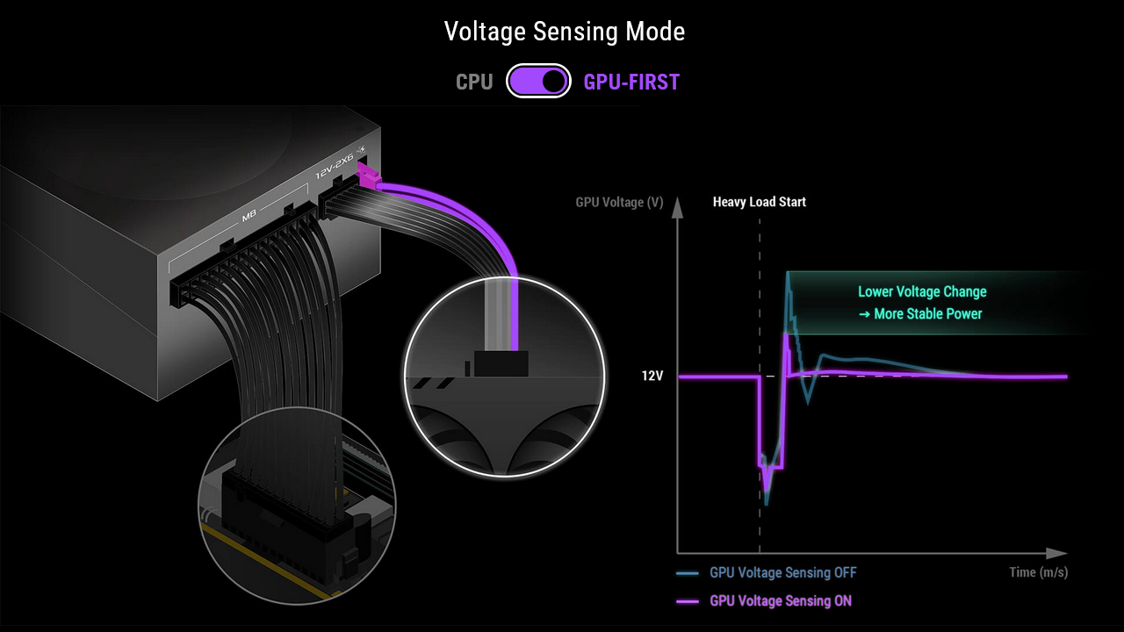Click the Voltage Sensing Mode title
click(564, 32)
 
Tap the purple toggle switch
click(538, 82)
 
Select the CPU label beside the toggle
click(474, 83)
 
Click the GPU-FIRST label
click(631, 83)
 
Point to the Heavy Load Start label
click(759, 202)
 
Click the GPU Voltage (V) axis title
click(619, 203)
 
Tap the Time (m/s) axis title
click(1038, 572)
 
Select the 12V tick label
click(652, 377)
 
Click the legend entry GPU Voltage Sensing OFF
click(782, 573)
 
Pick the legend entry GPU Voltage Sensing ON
click(780, 601)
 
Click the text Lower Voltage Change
click(922, 292)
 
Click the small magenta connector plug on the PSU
click(369, 179)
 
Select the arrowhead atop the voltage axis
click(677, 207)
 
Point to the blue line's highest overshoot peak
click(789, 274)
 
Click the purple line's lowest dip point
click(767, 492)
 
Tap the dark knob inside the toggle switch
click(553, 82)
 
